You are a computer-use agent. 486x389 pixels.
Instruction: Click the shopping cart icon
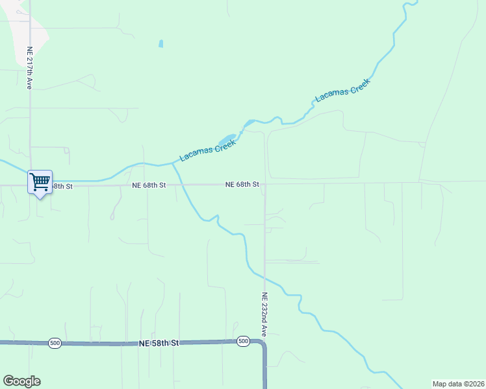pyautogui.click(x=40, y=182)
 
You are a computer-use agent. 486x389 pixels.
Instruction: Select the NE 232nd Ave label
pyautogui.click(x=264, y=314)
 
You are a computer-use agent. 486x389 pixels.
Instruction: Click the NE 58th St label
pyautogui.click(x=159, y=342)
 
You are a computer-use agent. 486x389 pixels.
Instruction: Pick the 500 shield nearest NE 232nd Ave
pyautogui.click(x=243, y=341)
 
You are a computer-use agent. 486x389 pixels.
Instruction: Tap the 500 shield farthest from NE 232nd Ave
pyautogui.click(x=55, y=342)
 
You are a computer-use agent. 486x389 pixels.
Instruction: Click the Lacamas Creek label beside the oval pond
pyautogui.click(x=207, y=148)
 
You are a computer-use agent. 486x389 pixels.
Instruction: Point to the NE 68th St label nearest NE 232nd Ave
pyautogui.click(x=242, y=185)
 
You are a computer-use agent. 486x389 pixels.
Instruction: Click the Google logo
pyautogui.click(x=21, y=381)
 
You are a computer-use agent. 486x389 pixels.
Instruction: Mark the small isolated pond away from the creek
pyautogui.click(x=160, y=44)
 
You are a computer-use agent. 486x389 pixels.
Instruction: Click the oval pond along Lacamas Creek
pyautogui.click(x=226, y=141)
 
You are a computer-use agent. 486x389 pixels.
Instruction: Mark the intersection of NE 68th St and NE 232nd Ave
pyautogui.click(x=264, y=184)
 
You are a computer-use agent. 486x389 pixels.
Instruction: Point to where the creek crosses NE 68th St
pyautogui.click(x=182, y=185)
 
